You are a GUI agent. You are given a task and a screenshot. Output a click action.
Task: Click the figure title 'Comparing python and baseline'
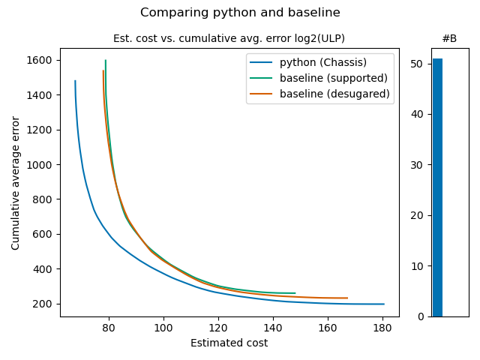point(240,13)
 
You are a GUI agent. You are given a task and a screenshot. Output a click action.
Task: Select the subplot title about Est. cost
point(229,38)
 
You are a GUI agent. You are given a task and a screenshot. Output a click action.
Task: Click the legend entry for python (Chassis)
point(323,61)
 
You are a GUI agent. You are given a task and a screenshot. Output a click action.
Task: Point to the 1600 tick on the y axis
point(42,60)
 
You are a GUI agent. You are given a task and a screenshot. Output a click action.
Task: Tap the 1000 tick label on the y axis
point(42,164)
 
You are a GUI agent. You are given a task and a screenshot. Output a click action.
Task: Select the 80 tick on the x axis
point(109,328)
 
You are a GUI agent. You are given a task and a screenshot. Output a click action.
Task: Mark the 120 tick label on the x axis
point(218,328)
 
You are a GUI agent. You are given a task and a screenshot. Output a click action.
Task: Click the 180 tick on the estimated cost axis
point(382,328)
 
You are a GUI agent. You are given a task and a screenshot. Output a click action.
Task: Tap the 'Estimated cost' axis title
point(229,343)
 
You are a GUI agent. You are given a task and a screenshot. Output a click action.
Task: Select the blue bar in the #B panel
point(437,187)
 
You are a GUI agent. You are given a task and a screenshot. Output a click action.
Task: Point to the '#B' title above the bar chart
point(449,38)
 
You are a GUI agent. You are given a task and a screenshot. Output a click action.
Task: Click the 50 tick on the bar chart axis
point(416,64)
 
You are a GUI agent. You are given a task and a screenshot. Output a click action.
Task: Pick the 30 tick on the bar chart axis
point(416,165)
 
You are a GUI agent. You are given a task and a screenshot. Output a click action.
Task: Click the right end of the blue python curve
point(384,304)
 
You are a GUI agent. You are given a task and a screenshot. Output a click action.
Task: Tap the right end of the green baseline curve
point(295,293)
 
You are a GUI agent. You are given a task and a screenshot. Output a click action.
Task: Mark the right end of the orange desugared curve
point(347,298)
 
